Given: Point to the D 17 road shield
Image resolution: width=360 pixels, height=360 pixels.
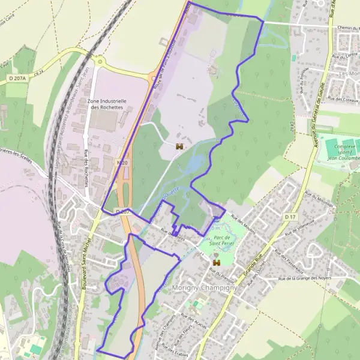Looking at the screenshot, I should (291, 217).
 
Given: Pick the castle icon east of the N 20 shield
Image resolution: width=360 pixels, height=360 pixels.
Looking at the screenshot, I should (179, 146).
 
